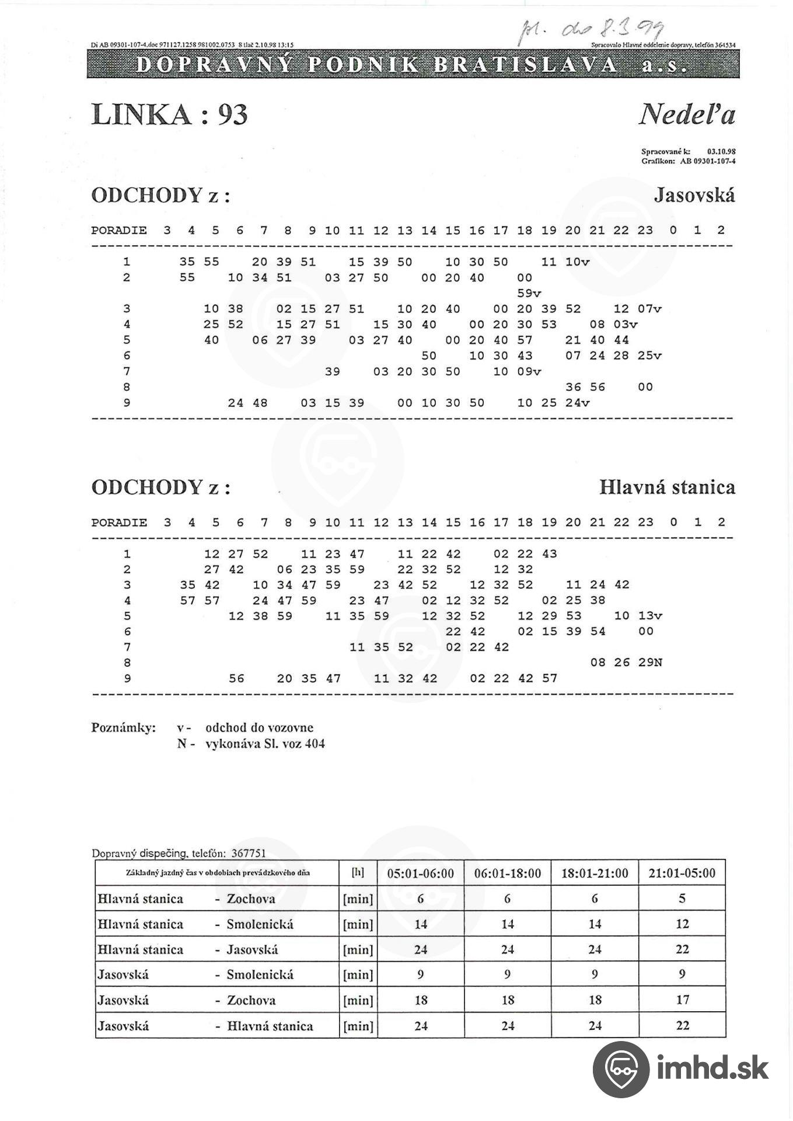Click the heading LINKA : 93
tap(169, 114)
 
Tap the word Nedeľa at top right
tap(687, 114)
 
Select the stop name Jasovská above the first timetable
tap(694, 195)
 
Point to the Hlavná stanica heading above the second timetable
tap(667, 487)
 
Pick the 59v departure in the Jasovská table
tap(529, 293)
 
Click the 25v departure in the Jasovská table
tap(649, 356)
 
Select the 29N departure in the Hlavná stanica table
tap(649, 663)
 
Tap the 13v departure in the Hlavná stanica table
tap(649, 616)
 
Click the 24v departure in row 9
tap(577, 403)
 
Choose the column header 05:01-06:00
tap(420, 873)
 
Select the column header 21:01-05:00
tap(682, 873)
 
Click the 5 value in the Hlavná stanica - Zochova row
tap(682, 899)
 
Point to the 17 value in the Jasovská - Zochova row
tap(682, 1000)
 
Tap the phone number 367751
tap(248, 853)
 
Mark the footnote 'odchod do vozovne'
tap(259, 727)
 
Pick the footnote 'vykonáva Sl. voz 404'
tap(265, 744)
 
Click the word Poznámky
tap(123, 727)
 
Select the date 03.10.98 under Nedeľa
tap(721, 151)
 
